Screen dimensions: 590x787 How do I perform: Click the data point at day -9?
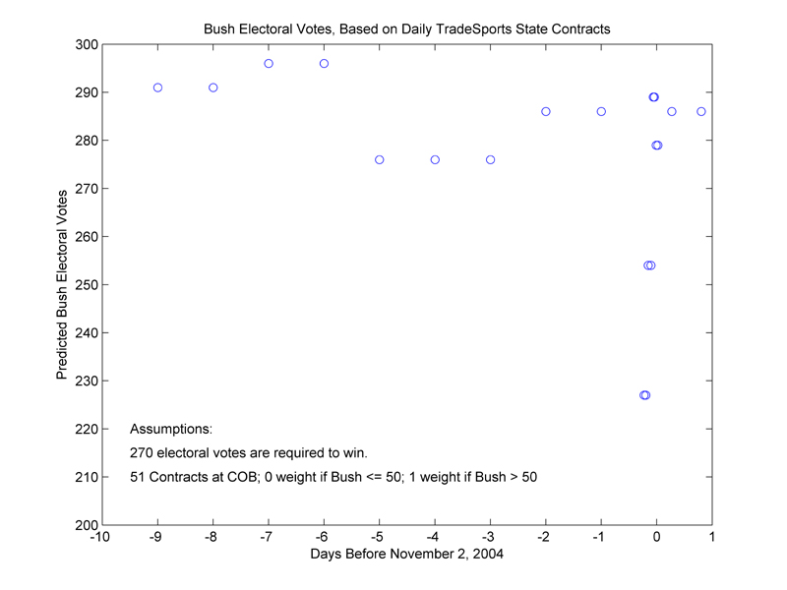click(x=157, y=88)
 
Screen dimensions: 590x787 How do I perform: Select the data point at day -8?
click(x=212, y=88)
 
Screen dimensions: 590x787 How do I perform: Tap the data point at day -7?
click(x=269, y=63)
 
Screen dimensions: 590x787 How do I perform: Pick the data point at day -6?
click(x=324, y=63)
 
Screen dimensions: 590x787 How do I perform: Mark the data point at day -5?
click(x=379, y=159)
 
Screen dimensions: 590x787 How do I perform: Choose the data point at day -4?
click(x=435, y=159)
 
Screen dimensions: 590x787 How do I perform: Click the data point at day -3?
click(x=490, y=159)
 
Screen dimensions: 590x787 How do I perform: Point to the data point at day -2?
click(x=546, y=111)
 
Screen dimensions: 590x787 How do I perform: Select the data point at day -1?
click(x=601, y=111)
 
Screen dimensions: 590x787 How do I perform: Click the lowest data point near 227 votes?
click(x=644, y=395)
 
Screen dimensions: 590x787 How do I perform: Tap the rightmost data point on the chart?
click(x=701, y=111)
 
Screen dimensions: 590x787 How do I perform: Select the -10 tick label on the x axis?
click(x=100, y=538)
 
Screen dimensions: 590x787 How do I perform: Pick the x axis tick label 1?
click(x=712, y=538)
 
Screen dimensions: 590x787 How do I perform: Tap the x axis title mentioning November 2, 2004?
click(x=406, y=556)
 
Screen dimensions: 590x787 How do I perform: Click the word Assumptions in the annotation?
click(x=170, y=430)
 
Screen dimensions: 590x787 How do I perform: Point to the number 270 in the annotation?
click(x=142, y=453)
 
